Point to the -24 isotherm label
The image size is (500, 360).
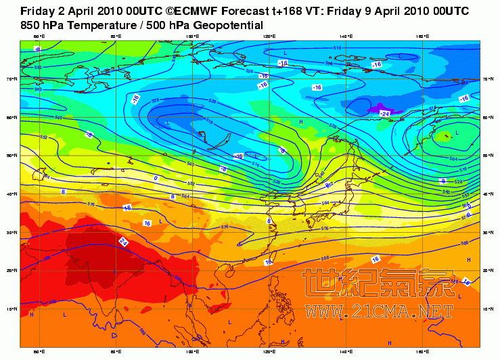(384, 113)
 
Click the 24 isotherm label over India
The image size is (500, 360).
(123, 242)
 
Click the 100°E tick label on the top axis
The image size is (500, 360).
(192, 36)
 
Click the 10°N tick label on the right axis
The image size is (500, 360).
(485, 309)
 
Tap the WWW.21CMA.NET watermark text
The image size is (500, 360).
(380, 311)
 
